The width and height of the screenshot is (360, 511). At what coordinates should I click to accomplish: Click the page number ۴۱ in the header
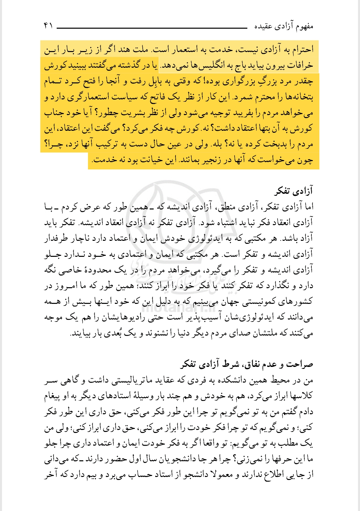(x=48, y=25)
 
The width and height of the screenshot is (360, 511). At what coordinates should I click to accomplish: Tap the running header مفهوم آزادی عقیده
(x=284, y=26)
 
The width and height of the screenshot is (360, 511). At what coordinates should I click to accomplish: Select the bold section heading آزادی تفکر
(x=294, y=191)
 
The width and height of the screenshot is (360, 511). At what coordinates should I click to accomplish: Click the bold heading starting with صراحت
(x=247, y=364)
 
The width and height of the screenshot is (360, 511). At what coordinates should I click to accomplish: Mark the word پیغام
(x=54, y=396)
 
